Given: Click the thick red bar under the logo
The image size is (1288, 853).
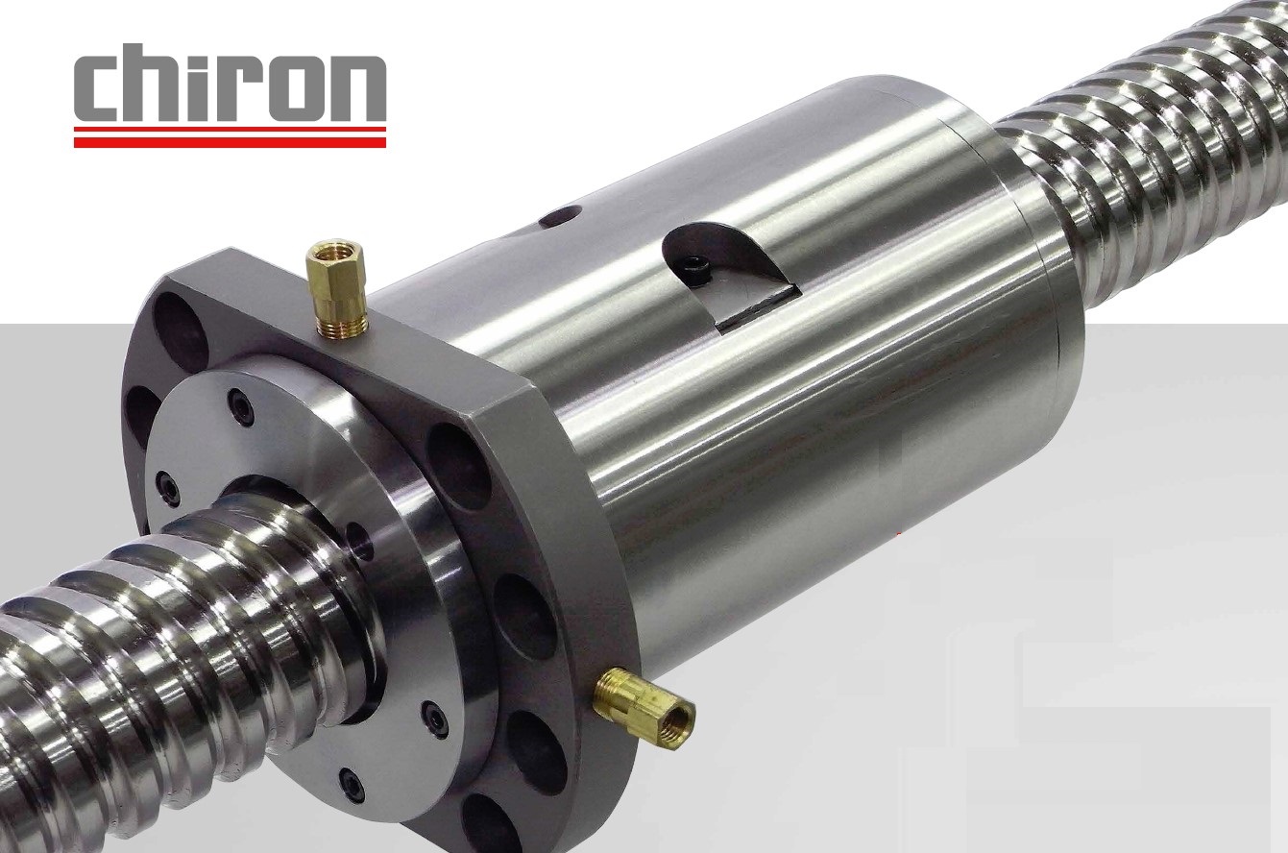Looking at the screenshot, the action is [230, 141].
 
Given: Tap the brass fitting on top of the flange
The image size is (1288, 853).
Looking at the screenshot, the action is [337, 289].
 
